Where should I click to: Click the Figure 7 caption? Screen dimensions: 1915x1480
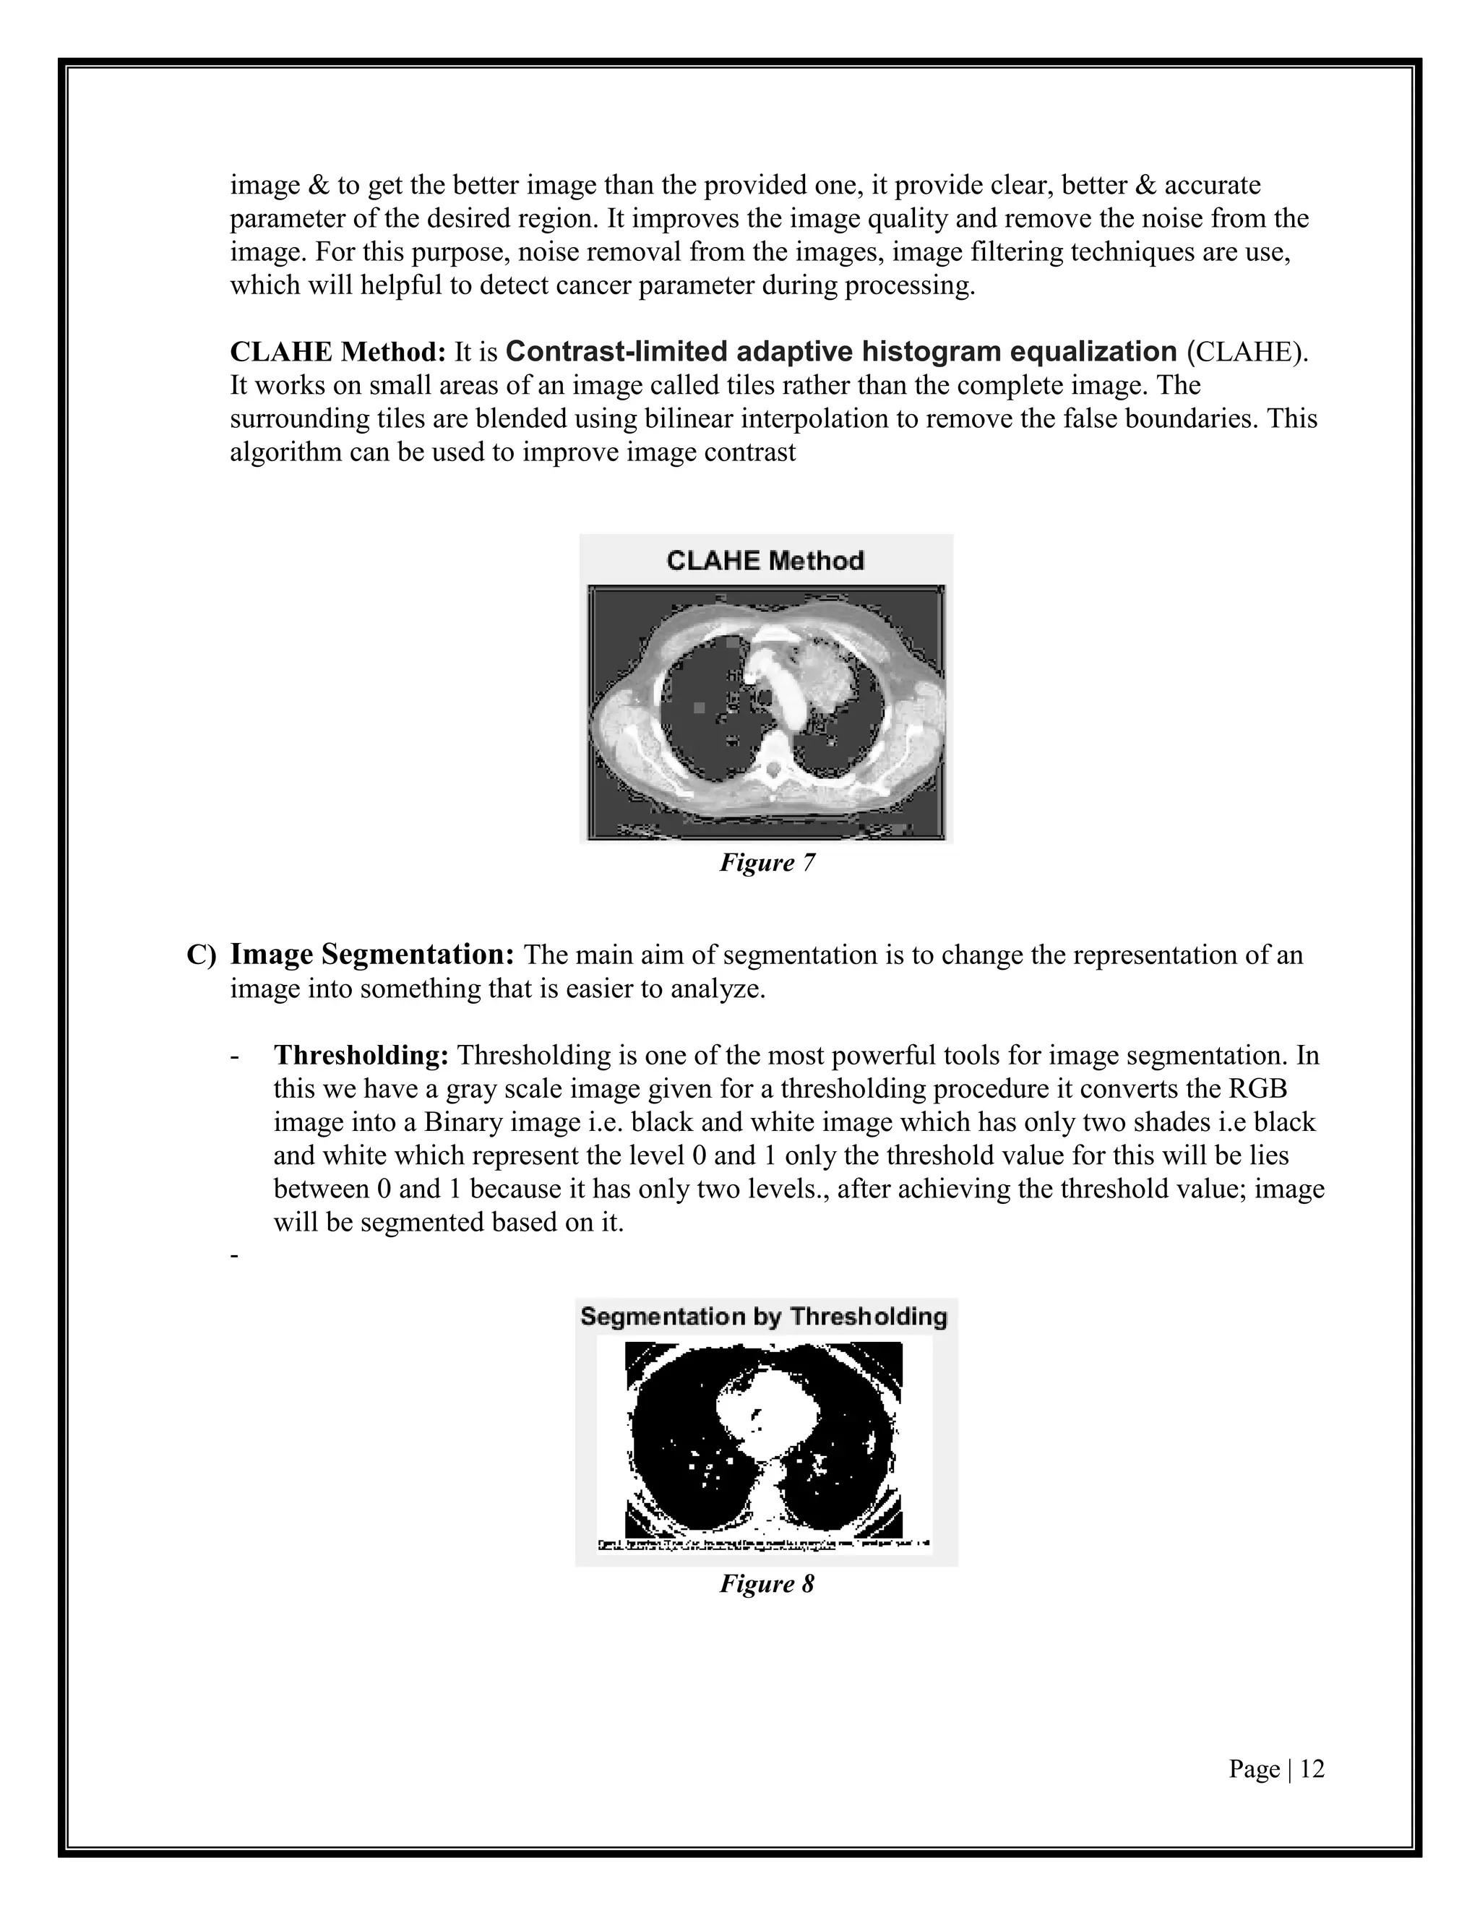(767, 863)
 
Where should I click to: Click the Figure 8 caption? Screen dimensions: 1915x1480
(767, 1583)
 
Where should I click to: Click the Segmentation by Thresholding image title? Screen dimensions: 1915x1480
(764, 1316)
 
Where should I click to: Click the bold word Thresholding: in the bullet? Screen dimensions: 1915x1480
(361, 1055)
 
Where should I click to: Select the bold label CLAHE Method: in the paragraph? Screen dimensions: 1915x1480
(337, 352)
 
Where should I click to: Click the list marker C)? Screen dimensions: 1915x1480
(200, 955)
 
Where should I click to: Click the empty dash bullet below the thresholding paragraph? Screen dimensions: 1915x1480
(234, 1257)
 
